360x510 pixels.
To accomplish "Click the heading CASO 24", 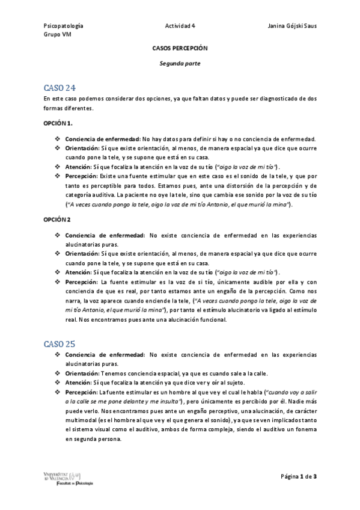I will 59,87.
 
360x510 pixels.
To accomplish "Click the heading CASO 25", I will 59,344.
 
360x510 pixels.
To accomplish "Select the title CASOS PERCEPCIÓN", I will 180,48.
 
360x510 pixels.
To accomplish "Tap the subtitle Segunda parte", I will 180,62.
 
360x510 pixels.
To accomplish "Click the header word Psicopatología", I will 64,26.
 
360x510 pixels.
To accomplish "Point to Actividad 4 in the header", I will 180,26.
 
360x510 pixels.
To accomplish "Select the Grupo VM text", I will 56,34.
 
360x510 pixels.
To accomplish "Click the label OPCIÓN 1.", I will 58,123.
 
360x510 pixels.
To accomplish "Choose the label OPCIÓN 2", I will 58,220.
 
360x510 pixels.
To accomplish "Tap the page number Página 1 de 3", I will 299,477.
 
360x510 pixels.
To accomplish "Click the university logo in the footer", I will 68,478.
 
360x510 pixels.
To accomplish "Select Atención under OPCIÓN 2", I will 78,272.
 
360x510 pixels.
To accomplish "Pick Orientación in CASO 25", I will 82,373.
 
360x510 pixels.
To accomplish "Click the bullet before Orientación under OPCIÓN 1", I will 58,147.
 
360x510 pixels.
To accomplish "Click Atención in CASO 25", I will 78,383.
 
